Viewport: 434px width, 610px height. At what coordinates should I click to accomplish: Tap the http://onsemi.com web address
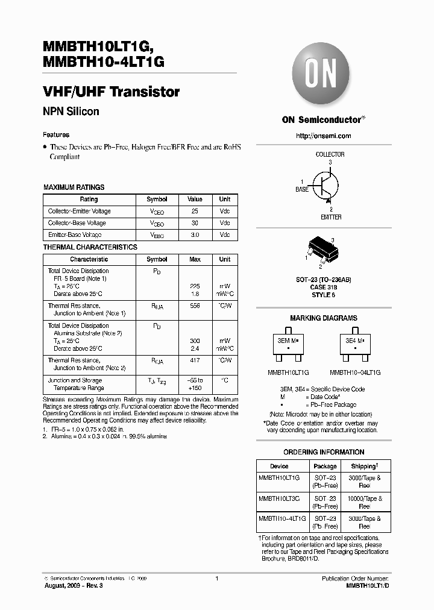tap(323, 136)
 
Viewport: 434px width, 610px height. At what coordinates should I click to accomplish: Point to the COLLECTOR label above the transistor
tap(330, 154)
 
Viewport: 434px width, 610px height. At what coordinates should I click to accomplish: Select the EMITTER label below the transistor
tap(330, 217)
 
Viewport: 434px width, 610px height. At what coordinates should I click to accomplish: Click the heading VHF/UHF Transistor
tap(112, 92)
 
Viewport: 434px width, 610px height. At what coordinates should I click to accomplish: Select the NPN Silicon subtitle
tap(71, 112)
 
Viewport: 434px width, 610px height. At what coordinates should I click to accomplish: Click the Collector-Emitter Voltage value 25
tap(195, 212)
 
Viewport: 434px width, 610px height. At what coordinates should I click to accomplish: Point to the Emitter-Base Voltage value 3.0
tap(195, 235)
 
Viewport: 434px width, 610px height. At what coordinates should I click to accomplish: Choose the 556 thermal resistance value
tap(195, 306)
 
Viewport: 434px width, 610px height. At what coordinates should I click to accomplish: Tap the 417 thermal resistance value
tap(195, 360)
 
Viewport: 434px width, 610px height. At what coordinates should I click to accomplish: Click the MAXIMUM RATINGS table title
tap(74, 187)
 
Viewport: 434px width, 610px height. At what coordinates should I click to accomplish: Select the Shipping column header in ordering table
tap(365, 466)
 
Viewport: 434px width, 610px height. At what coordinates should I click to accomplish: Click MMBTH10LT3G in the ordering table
tap(283, 498)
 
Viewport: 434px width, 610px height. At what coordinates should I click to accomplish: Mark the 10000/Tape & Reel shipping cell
tap(365, 503)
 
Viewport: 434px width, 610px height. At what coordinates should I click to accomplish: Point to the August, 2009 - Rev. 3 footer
tap(74, 586)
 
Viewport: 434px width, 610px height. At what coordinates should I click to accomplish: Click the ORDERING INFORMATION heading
tap(324, 452)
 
